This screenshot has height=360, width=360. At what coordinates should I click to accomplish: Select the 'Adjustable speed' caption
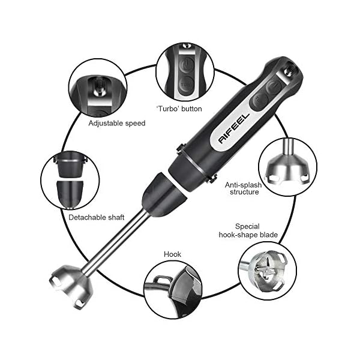pos(117,123)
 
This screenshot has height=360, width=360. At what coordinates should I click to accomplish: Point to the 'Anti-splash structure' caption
pos(243,189)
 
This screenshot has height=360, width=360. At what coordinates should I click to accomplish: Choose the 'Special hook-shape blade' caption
pos(255,230)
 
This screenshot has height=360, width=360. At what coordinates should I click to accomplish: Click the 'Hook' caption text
pos(172,254)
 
